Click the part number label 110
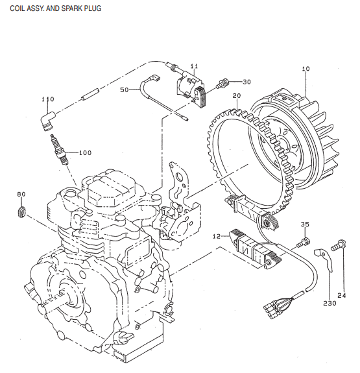tap(47, 99)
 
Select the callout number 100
tap(85, 152)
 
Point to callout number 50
tap(125, 90)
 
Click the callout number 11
tap(194, 66)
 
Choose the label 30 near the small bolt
tap(246, 82)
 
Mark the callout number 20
tap(237, 96)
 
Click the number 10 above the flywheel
tap(306, 68)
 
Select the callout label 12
tap(217, 237)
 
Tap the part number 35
tap(305, 224)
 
